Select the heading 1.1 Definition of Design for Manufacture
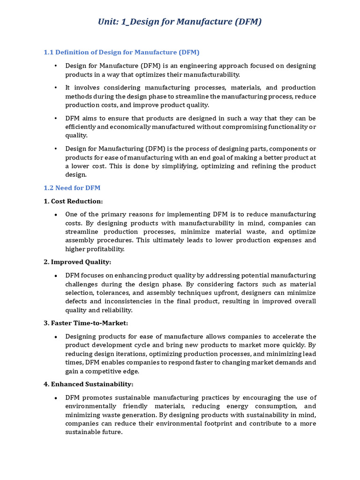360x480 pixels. coord(121,52)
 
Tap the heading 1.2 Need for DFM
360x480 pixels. coord(72,188)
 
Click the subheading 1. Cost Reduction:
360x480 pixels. coord(73,201)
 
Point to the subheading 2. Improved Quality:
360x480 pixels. coord(77,262)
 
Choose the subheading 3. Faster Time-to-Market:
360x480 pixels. coord(86,323)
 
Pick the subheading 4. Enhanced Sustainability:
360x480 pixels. coord(89,384)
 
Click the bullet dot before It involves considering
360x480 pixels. coord(55,88)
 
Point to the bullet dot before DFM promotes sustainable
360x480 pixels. coord(55,397)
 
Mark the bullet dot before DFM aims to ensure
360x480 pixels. coord(55,118)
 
